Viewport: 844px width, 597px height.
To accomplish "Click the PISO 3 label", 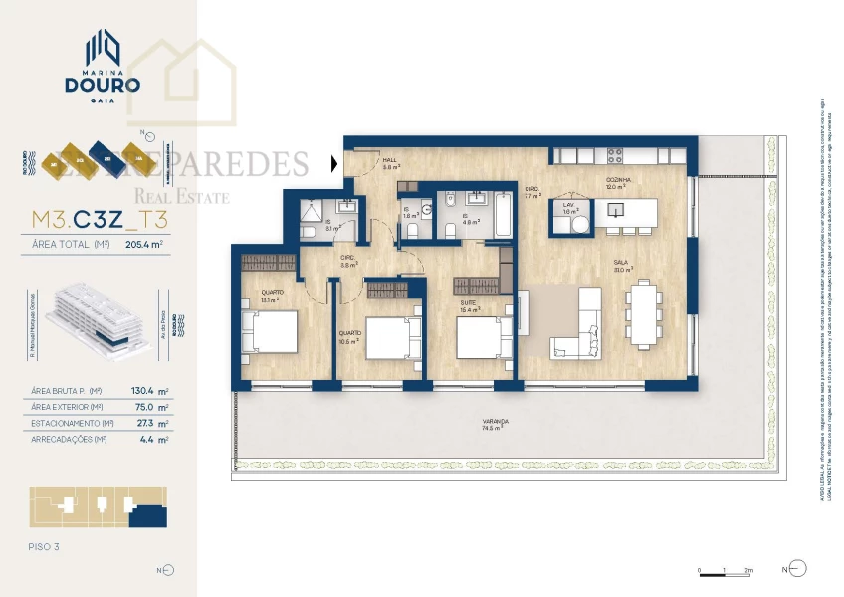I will [x=46, y=546].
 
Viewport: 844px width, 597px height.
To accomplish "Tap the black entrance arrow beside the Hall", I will [x=335, y=162].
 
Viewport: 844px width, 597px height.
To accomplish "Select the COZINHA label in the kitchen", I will [x=617, y=180].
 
